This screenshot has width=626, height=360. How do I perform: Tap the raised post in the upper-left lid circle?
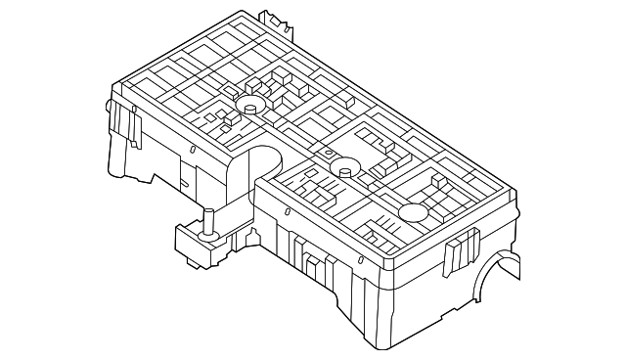click(x=249, y=106)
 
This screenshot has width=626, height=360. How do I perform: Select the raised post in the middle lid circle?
click(x=344, y=168)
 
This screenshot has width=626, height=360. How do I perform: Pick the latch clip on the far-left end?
click(x=123, y=124)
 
